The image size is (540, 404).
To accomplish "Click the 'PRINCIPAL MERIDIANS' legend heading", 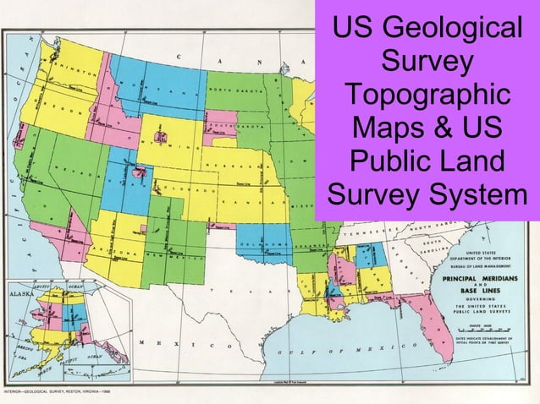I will [481, 277].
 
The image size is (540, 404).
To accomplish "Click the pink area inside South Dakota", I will [222, 118].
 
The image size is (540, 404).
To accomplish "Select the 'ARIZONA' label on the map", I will [118, 253].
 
